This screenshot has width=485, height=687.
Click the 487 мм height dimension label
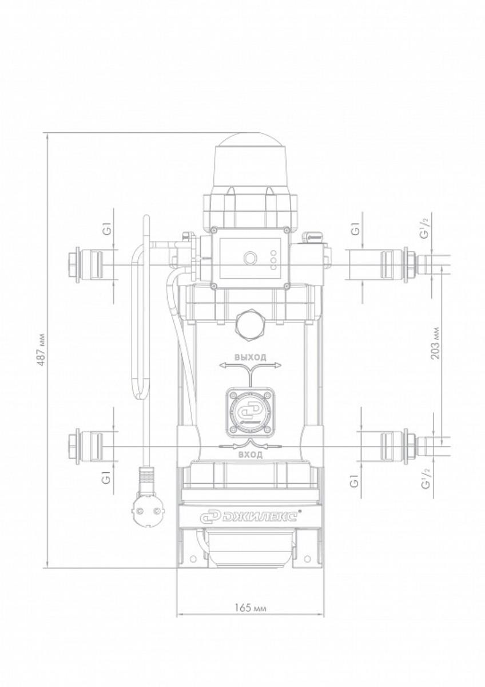42,349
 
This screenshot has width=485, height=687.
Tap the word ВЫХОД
251,357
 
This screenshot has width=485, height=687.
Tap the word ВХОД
251,454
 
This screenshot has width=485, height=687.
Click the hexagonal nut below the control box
251,323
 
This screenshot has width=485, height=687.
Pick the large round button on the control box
249,256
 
